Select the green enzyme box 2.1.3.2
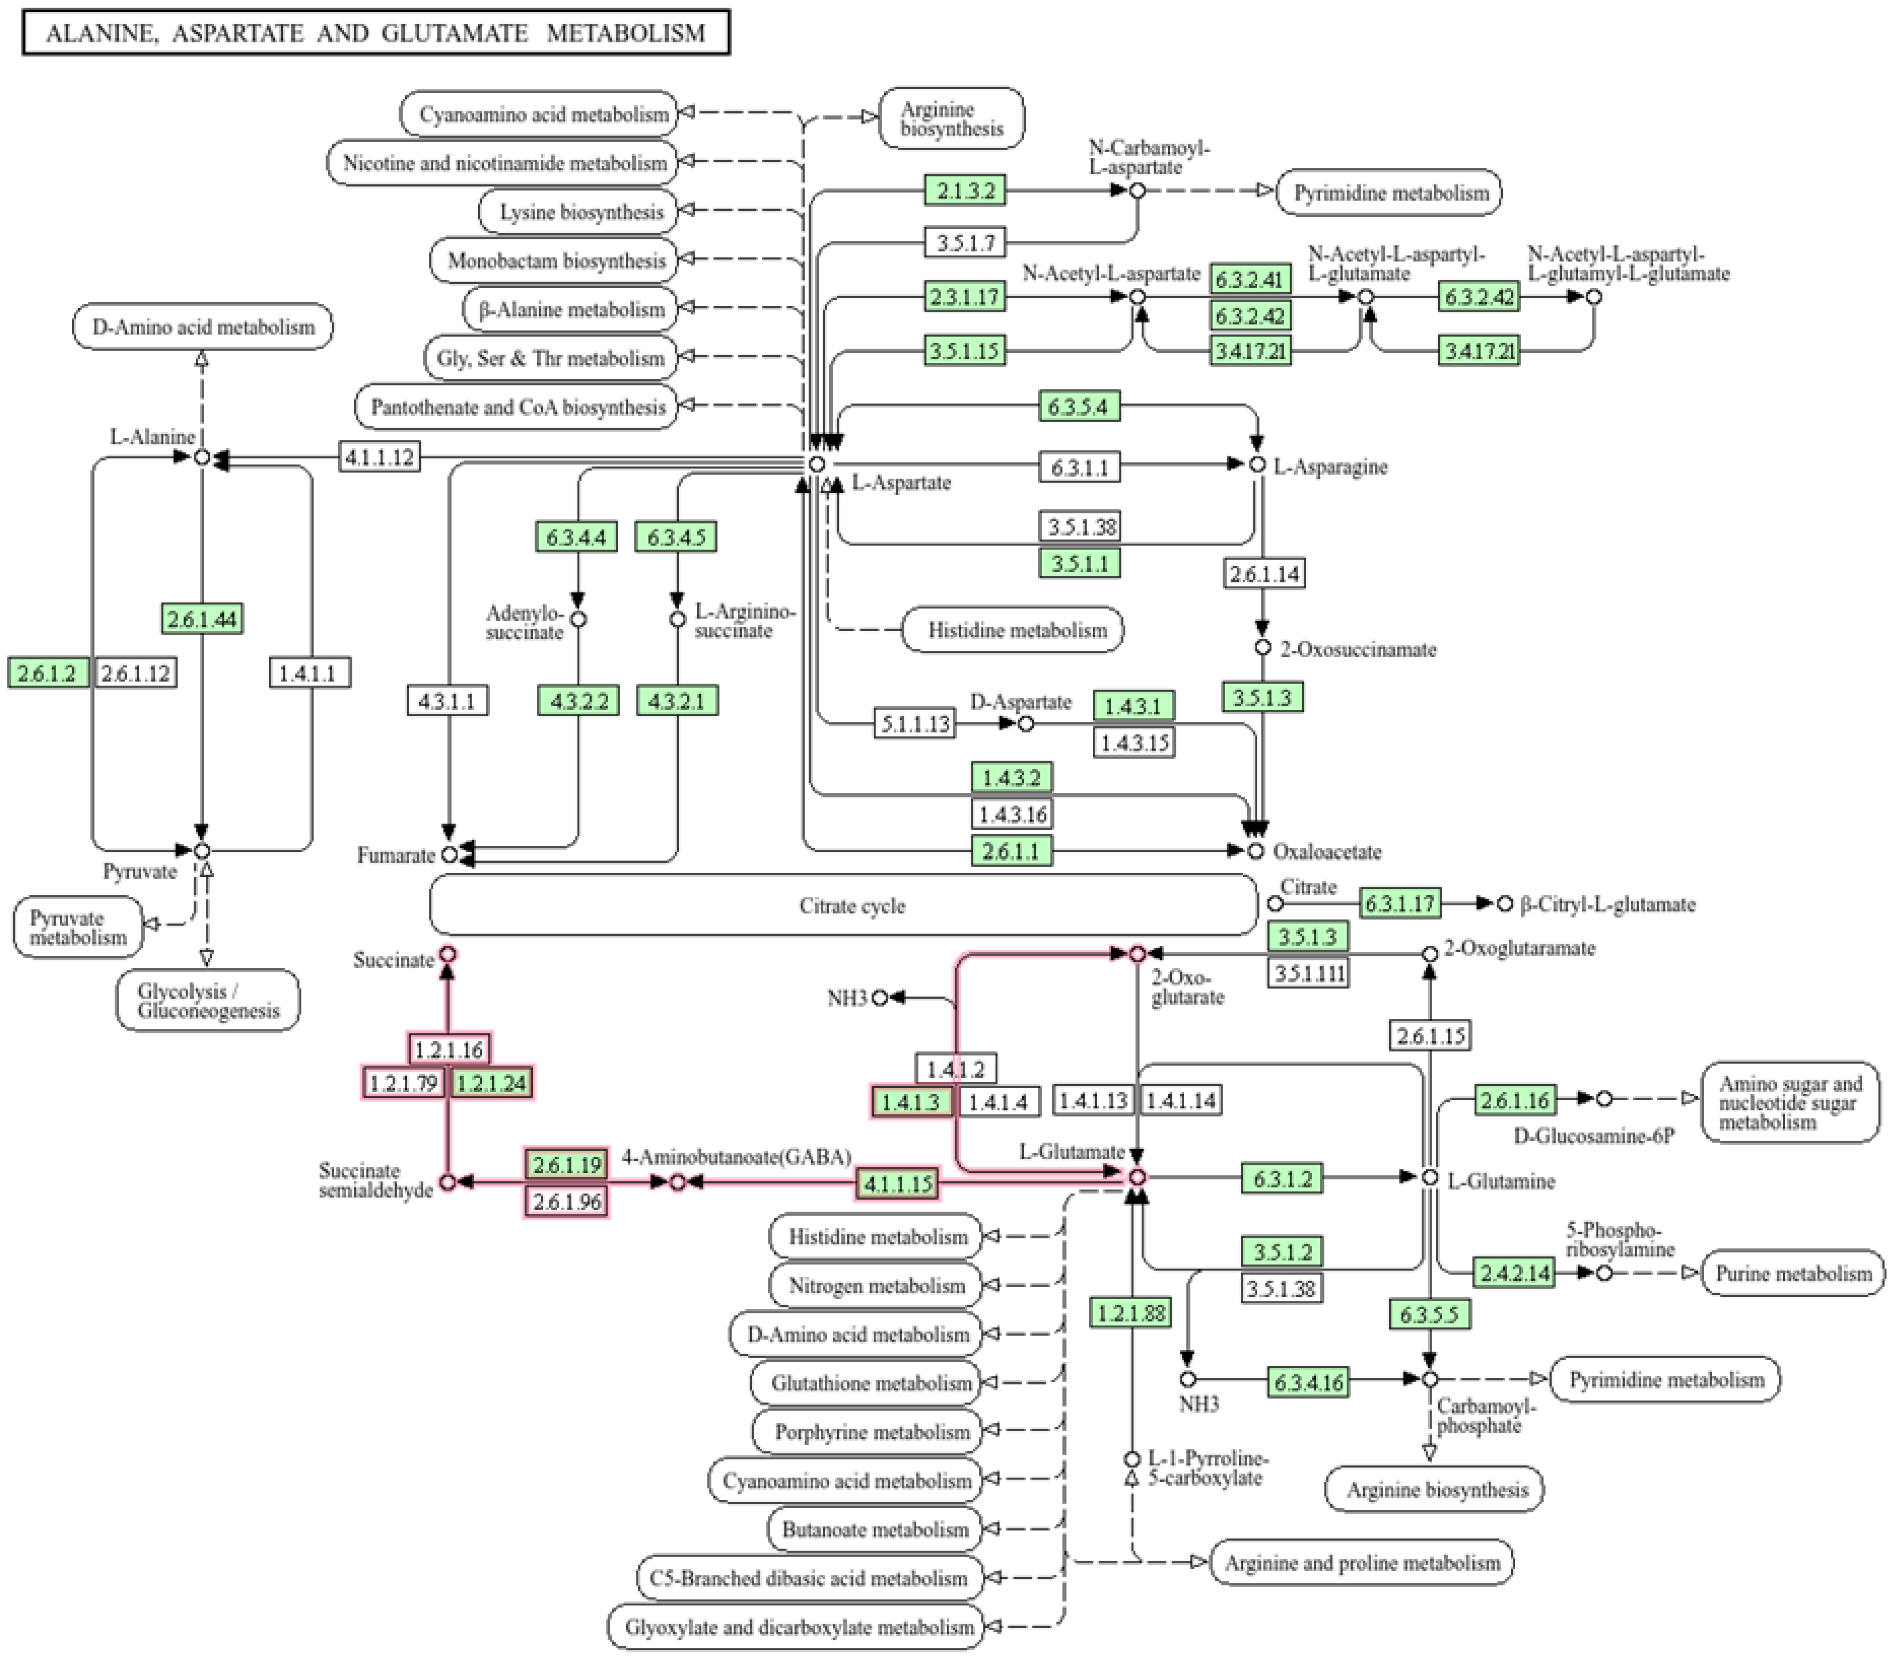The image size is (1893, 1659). [965, 190]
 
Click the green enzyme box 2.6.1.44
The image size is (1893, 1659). [202, 619]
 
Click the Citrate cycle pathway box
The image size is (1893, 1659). [852, 905]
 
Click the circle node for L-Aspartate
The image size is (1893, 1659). [817, 464]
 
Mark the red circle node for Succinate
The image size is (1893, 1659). [448, 953]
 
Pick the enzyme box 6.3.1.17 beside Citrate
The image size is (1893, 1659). [1399, 904]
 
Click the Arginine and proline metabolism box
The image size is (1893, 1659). [1362, 1563]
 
